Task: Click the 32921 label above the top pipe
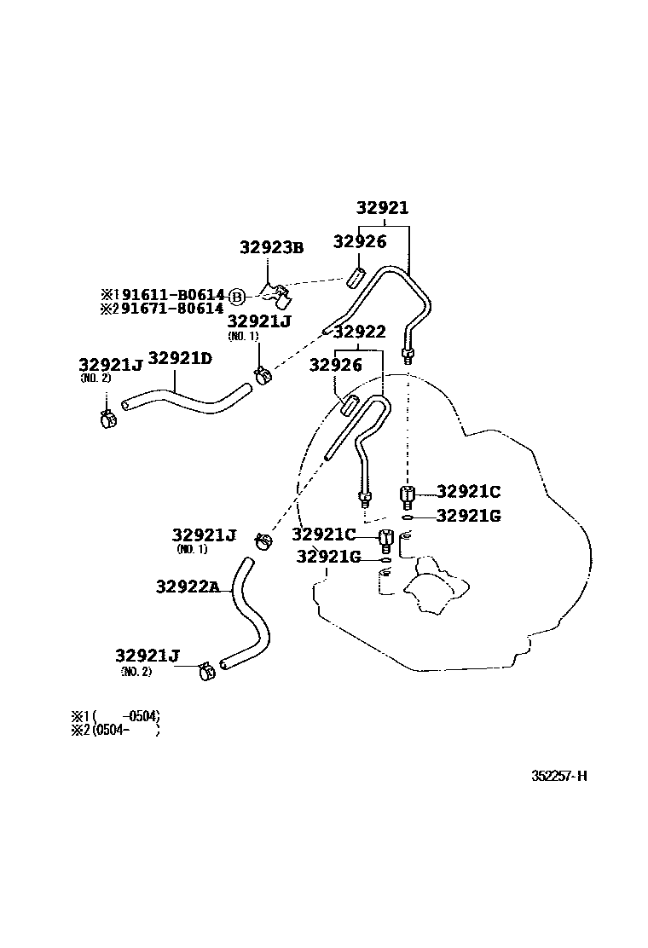point(382,208)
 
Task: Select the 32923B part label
point(271,247)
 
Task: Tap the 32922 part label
point(359,332)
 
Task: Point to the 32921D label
point(180,359)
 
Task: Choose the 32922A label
point(188,587)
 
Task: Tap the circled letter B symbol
point(237,296)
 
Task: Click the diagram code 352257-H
point(559,776)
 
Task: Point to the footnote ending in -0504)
point(116,716)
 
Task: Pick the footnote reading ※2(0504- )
point(116,730)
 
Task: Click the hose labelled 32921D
point(188,398)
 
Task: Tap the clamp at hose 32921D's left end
point(107,418)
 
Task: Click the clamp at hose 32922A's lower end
point(205,671)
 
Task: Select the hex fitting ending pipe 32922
point(364,498)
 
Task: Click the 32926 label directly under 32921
point(360,242)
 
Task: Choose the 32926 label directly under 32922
point(336,365)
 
